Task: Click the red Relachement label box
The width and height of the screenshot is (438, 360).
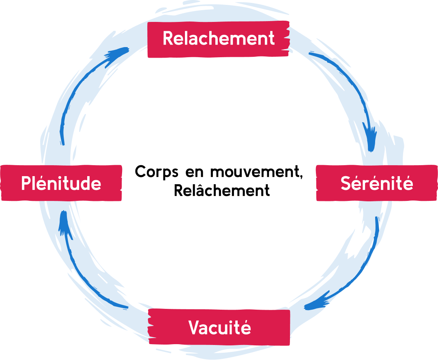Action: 218,39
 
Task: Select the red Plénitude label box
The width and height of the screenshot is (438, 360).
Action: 61,183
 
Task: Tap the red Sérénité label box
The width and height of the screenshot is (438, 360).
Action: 376,183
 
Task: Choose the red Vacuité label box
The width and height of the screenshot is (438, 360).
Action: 219,327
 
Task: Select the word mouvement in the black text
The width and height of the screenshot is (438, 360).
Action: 255,172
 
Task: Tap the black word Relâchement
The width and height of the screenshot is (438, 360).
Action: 221,190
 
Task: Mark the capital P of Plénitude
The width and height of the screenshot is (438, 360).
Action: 26,183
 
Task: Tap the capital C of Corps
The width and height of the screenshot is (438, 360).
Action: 140,172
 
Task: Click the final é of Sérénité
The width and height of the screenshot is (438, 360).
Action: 408,183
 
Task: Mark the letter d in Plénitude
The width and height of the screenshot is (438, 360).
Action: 85,183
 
